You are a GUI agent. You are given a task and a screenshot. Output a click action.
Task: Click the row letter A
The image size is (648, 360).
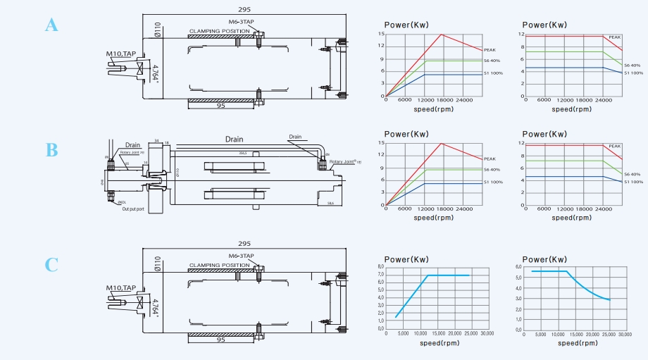click(51, 25)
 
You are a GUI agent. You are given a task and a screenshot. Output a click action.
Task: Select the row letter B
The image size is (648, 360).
click(51, 150)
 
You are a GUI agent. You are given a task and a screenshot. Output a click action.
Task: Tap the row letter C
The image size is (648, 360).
click(51, 265)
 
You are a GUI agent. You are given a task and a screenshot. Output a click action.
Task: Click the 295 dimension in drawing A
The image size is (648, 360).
click(244, 9)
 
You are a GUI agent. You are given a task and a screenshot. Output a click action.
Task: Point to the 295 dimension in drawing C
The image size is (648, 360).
click(244, 243)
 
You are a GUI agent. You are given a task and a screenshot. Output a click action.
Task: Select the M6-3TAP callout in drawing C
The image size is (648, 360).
click(242, 256)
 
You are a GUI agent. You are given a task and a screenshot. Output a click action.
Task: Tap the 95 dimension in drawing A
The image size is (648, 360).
click(220, 106)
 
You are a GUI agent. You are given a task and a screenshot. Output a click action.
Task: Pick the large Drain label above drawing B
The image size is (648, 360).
click(234, 139)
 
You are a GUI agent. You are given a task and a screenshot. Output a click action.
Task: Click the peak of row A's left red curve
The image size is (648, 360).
click(441, 35)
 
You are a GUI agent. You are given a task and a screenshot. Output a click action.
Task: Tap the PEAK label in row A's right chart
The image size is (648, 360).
click(614, 37)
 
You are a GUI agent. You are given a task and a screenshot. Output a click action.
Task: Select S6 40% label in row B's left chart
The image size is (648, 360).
click(492, 170)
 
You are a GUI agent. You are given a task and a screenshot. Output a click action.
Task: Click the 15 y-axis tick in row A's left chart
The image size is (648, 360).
click(381, 35)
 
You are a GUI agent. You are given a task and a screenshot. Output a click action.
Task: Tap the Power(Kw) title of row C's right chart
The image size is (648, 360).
click(544, 259)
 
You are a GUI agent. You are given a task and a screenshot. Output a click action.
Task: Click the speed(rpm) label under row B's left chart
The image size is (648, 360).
click(433, 218)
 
